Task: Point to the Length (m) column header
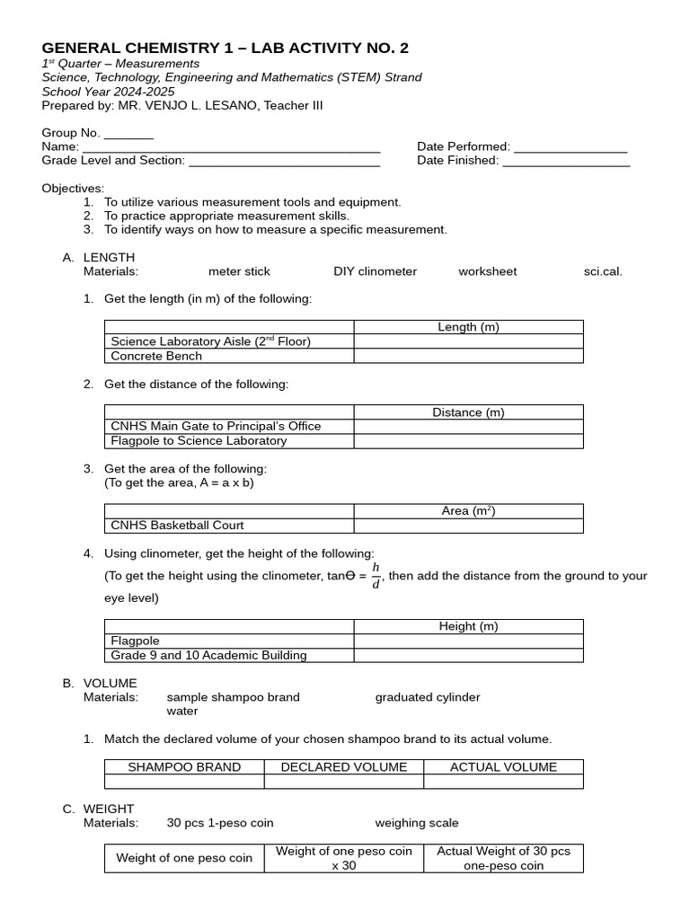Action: pos(468,327)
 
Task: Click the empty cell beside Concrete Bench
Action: pos(468,356)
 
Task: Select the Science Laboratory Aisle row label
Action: pos(210,341)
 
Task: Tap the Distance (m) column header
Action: pos(468,412)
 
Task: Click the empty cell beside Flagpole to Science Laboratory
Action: pos(468,441)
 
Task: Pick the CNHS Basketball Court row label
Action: pos(177,526)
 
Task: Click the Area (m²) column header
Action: pos(468,511)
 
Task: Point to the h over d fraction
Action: pos(376,577)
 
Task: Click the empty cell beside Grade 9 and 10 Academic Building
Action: pos(468,656)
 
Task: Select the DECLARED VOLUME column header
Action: pos(344,767)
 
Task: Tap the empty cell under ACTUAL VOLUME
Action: pos(503,782)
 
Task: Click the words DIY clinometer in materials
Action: pos(375,271)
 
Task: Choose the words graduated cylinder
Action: pos(428,697)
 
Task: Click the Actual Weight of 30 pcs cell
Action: pos(503,858)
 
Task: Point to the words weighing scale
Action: pos(417,823)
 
